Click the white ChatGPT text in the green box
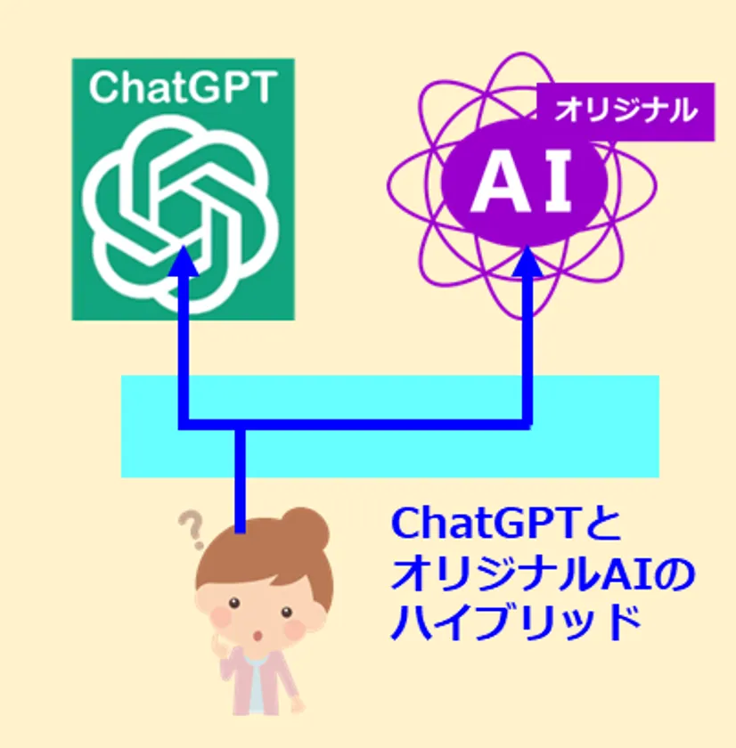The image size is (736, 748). pyautogui.click(x=183, y=87)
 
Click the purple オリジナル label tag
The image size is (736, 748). pyautogui.click(x=626, y=111)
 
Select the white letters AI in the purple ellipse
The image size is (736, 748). pyautogui.click(x=521, y=182)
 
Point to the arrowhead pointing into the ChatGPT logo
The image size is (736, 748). pyautogui.click(x=184, y=261)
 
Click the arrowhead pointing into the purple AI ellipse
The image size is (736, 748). pyautogui.click(x=527, y=261)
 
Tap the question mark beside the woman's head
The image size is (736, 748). pyautogui.click(x=192, y=529)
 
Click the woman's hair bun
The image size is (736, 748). pyautogui.click(x=306, y=528)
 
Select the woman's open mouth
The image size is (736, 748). pyautogui.click(x=258, y=636)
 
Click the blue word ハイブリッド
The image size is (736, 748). pyautogui.click(x=516, y=622)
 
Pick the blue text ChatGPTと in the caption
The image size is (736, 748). pyautogui.click(x=506, y=524)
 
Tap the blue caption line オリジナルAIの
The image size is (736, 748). pyautogui.click(x=544, y=573)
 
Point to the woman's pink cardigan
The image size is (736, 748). pyautogui.click(x=260, y=681)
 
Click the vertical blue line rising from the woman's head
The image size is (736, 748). pyautogui.click(x=240, y=479)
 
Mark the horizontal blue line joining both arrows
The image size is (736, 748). pyautogui.click(x=355, y=424)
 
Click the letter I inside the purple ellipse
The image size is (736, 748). pyautogui.click(x=559, y=182)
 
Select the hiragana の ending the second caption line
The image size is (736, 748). pyautogui.click(x=676, y=574)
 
